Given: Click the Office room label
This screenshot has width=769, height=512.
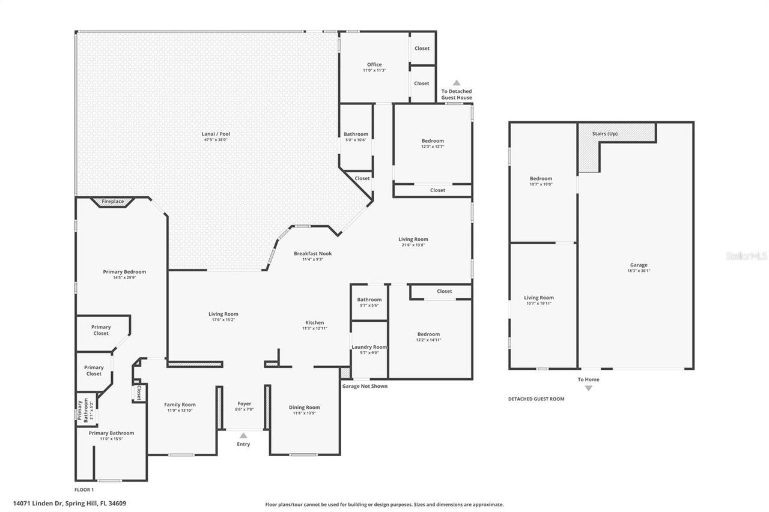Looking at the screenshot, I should click(x=374, y=65).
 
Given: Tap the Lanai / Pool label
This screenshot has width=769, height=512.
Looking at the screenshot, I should click(x=216, y=134).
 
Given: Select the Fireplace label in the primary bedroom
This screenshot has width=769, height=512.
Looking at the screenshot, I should click(x=112, y=202).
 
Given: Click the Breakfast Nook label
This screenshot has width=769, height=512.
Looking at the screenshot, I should click(x=312, y=253).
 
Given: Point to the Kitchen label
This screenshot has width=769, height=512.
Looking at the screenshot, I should click(x=314, y=322).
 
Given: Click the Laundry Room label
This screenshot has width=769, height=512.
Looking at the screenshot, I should click(x=369, y=347).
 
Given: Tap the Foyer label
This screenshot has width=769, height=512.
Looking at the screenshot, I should click(x=244, y=404).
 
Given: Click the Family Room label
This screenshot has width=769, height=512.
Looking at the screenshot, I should click(x=180, y=405).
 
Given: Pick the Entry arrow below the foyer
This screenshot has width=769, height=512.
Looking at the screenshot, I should click(x=243, y=435).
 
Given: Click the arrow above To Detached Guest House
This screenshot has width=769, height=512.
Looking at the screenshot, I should click(x=457, y=83).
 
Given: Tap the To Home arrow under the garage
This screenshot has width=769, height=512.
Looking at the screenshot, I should click(x=588, y=388).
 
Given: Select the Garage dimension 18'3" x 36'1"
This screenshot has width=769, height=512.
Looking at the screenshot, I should click(x=639, y=271).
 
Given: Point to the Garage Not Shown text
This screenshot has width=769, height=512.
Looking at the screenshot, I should click(x=365, y=386).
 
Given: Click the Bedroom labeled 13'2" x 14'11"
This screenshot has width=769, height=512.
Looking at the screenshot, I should click(x=428, y=334).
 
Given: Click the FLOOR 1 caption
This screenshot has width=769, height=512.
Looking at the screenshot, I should click(x=84, y=490).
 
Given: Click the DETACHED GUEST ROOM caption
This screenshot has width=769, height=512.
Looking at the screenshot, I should click(x=536, y=399).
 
